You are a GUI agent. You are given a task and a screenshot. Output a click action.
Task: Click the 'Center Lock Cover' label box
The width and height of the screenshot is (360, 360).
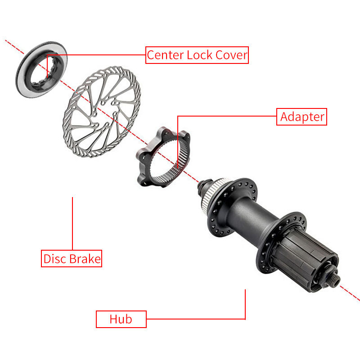(x=197, y=55)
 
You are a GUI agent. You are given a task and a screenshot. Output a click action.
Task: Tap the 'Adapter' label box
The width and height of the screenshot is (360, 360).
(x=301, y=117)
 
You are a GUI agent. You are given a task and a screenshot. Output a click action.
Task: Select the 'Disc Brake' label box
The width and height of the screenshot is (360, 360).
(x=72, y=258)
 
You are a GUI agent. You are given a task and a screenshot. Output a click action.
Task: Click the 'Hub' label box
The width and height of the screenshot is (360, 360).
(x=121, y=319)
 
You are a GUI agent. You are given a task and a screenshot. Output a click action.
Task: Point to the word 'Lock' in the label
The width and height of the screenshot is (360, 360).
(x=200, y=55)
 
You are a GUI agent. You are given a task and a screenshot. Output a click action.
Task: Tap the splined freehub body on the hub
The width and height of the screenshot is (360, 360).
(x=306, y=265)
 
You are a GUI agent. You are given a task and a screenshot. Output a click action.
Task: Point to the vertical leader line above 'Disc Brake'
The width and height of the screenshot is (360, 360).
(x=72, y=223)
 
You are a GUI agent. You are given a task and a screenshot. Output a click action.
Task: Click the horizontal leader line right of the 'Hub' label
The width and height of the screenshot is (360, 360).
(x=196, y=319)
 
